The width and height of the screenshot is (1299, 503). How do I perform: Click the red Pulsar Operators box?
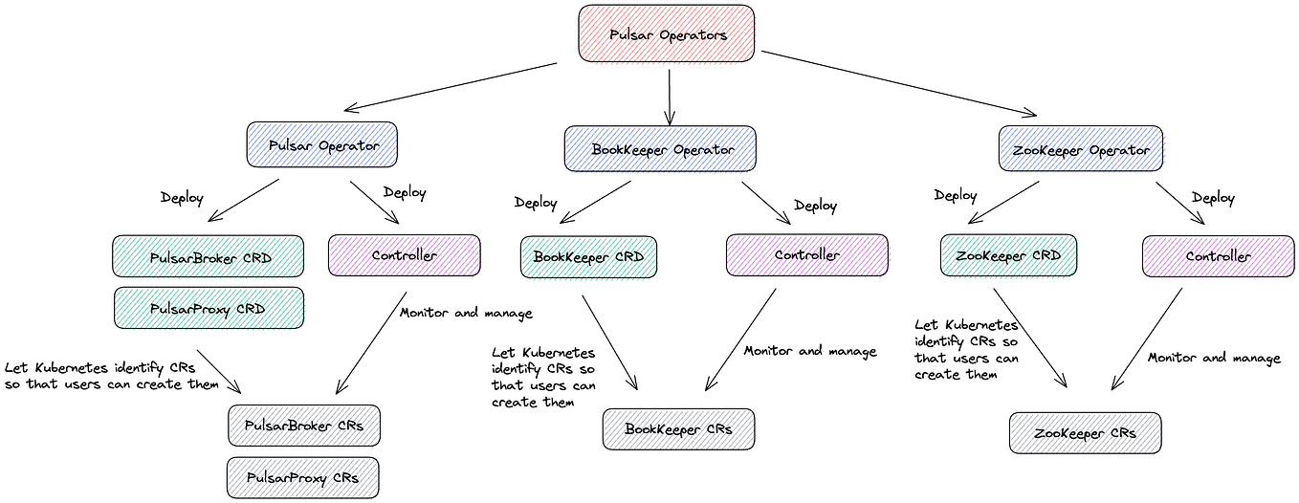(x=667, y=33)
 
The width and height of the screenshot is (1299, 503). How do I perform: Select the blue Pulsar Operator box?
(x=321, y=144)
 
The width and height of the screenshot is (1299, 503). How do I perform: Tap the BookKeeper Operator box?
(x=660, y=149)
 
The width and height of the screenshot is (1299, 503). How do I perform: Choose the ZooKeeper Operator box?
(x=1080, y=149)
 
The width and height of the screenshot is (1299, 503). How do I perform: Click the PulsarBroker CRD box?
(x=209, y=256)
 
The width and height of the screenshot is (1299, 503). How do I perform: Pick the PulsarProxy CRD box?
(x=209, y=308)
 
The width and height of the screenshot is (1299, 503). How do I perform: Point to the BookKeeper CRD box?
(x=588, y=256)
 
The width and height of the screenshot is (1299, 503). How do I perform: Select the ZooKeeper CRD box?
(x=1008, y=255)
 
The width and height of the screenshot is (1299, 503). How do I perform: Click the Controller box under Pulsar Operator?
(x=405, y=255)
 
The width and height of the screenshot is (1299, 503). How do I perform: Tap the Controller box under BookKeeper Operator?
(x=807, y=255)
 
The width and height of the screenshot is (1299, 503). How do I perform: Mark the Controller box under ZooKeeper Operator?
(x=1218, y=256)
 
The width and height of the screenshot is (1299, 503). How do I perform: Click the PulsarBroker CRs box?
(x=304, y=426)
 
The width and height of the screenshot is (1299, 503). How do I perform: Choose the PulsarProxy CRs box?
(x=302, y=478)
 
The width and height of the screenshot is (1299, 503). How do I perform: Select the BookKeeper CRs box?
(x=678, y=429)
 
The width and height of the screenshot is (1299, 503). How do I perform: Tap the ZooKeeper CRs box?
(x=1085, y=433)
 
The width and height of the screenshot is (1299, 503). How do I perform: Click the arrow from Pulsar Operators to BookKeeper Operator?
(x=670, y=98)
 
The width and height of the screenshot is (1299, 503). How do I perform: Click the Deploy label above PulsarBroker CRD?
(x=182, y=198)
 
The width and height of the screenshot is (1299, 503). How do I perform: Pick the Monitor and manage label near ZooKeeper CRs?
(x=1214, y=359)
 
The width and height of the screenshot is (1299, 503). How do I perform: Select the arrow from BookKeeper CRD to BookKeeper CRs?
(x=610, y=343)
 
